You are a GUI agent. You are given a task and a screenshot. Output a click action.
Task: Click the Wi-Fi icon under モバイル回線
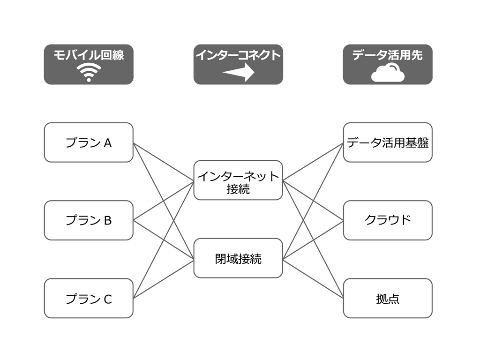pos(89,73)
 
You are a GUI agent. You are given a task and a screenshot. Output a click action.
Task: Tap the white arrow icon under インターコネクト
pos(238,73)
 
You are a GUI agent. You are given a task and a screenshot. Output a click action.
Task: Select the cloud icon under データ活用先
pos(388,74)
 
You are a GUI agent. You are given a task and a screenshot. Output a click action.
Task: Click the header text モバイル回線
pos(89,55)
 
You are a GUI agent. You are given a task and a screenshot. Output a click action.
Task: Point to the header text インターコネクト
pos(238,55)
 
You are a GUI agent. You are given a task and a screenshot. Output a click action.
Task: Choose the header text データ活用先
pos(388,55)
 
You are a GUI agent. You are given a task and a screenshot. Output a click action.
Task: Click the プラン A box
pos(89,142)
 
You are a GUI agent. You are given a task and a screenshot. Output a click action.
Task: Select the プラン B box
pos(89,220)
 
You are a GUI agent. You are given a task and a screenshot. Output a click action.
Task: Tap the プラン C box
pos(89,298)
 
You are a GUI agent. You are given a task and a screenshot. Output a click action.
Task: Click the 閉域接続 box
pos(238,258)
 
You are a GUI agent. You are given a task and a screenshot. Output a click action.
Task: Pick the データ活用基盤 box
pos(388,142)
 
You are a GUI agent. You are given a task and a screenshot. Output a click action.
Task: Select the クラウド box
pos(388,220)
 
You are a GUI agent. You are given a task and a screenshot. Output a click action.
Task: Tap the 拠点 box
pos(388,298)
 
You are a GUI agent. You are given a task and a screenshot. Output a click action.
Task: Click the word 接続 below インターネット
pos(238,189)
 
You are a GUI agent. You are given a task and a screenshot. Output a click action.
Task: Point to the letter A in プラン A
pos(107,143)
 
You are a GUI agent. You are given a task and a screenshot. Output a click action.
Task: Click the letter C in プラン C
pos(107,299)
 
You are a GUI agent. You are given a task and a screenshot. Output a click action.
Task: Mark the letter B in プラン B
pos(107,221)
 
